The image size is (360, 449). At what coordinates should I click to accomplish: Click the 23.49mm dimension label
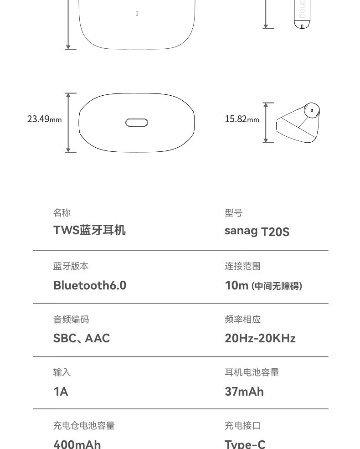tap(44, 119)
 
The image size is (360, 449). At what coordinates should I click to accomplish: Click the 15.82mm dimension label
tap(242, 119)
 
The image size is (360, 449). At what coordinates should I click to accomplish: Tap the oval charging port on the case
tap(137, 123)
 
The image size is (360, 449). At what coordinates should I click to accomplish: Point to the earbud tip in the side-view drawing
tap(312, 110)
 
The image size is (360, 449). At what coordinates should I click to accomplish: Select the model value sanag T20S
tap(257, 231)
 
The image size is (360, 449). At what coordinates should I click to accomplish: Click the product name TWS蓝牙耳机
tap(89, 230)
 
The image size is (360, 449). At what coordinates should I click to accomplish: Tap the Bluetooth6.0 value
tap(90, 285)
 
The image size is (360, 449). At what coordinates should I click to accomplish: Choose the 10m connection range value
tap(237, 285)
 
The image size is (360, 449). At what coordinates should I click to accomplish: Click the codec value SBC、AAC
tap(82, 338)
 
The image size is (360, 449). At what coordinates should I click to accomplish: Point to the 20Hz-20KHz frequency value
tap(260, 338)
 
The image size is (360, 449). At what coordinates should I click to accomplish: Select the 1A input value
tap(61, 392)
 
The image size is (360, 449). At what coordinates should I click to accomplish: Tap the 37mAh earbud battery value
tap(244, 392)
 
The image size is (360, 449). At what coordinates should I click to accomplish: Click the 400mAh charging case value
tap(77, 444)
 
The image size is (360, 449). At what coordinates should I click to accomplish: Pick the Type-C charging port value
tap(245, 444)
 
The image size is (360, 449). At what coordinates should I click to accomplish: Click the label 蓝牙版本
tap(71, 266)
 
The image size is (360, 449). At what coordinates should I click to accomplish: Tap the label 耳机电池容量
tap(252, 372)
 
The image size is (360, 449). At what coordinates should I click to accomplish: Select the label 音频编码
tap(71, 320)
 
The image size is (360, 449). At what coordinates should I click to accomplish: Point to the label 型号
tap(233, 213)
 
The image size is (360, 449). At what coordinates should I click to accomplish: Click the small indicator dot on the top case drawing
tap(137, 14)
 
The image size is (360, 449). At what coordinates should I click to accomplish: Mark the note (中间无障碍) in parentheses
tap(277, 286)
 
